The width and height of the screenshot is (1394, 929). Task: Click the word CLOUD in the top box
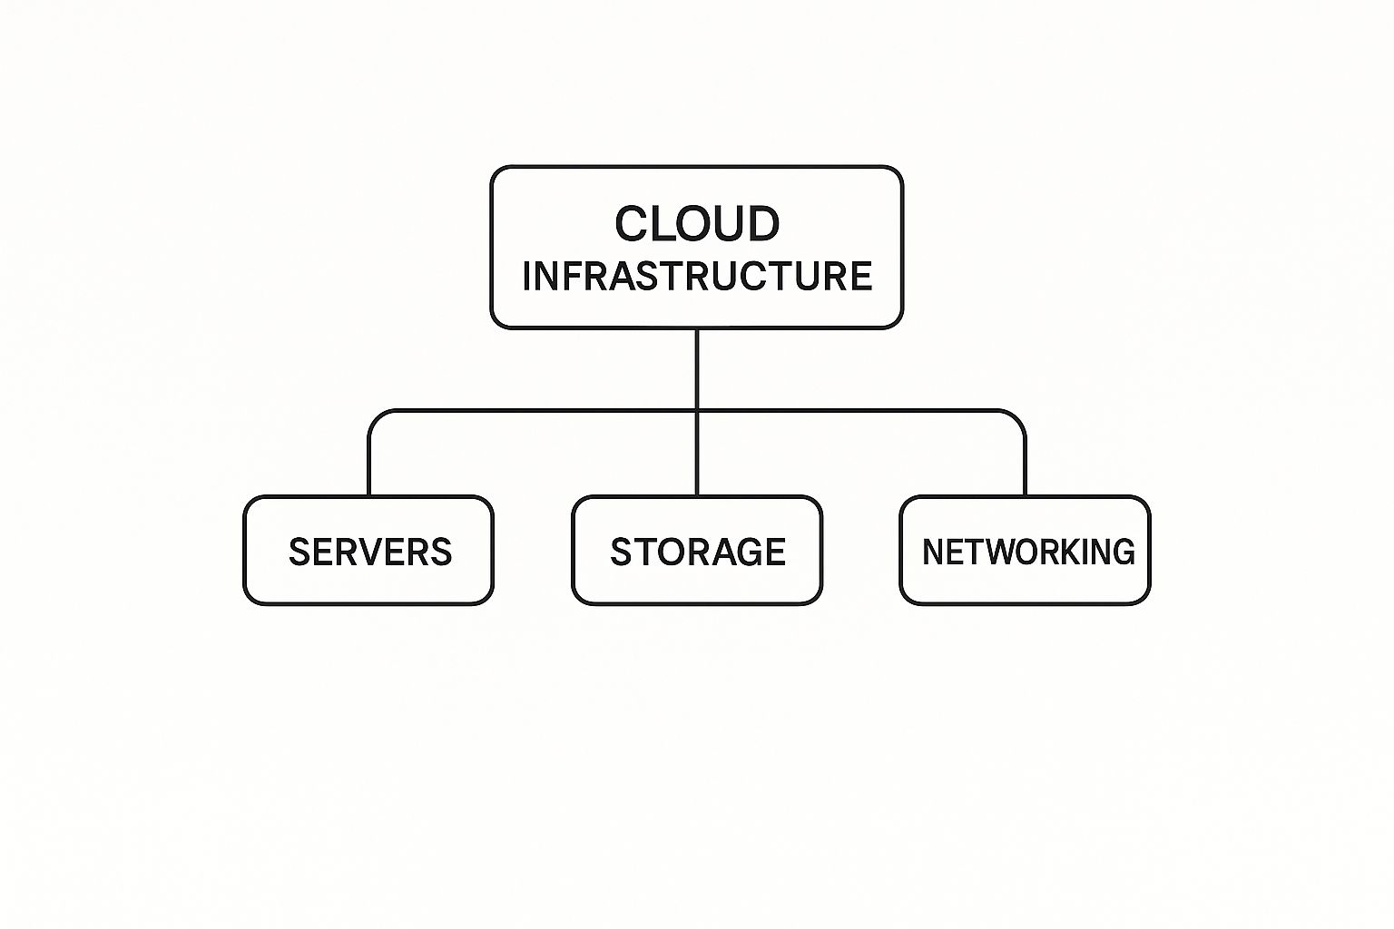pos(697,224)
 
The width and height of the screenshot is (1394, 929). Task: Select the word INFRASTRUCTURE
pos(697,276)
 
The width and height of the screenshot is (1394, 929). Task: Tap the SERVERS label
pos(370,553)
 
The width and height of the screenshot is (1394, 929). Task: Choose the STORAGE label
pos(698,553)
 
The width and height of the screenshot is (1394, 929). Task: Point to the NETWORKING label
pos(1028,552)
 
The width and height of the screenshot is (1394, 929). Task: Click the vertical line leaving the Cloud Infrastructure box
pos(697,367)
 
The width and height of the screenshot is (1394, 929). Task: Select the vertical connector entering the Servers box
pos(369,467)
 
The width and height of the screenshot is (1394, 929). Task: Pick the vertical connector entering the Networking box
pos(1025,467)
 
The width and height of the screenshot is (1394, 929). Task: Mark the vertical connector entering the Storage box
pos(697,454)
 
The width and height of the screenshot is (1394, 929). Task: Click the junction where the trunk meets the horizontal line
pos(697,411)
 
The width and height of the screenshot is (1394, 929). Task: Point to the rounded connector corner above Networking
pos(1017,418)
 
